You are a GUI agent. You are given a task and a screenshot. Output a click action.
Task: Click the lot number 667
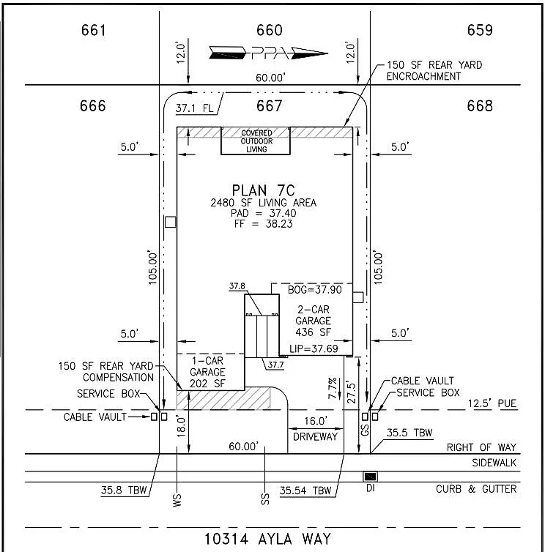point(270,105)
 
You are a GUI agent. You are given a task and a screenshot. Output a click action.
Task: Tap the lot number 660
point(270,30)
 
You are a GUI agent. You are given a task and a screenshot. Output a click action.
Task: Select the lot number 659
point(480,30)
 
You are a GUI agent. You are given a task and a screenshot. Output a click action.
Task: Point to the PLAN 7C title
point(264,190)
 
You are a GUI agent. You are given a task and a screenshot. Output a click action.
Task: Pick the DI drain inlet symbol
point(371,477)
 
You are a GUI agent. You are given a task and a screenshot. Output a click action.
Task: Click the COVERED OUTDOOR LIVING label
point(256,141)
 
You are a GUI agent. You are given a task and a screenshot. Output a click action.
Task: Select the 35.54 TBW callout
point(307,491)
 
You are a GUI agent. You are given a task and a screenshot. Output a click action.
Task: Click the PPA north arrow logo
point(267,53)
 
